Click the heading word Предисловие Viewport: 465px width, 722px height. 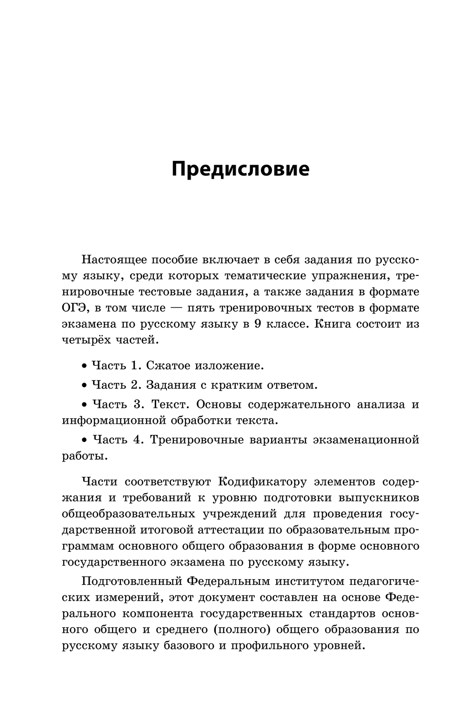point(240,169)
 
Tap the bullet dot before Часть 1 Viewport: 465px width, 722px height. point(84,366)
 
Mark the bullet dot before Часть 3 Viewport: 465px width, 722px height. point(84,405)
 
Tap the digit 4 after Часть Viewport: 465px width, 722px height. point(137,440)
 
